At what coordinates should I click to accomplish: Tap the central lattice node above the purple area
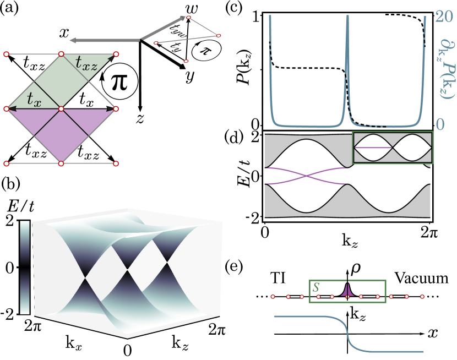click(61, 109)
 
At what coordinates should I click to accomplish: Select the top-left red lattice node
click(6, 54)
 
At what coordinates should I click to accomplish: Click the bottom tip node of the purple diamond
click(61, 163)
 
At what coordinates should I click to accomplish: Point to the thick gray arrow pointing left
click(105, 40)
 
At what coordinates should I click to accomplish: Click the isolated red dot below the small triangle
click(186, 61)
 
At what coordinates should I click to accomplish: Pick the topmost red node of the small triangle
click(188, 18)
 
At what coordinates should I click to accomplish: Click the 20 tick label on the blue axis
click(444, 17)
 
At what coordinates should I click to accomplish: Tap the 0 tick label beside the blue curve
click(440, 124)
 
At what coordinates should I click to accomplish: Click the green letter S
click(316, 287)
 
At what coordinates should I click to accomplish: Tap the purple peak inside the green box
click(346, 291)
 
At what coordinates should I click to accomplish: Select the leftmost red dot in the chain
click(273, 297)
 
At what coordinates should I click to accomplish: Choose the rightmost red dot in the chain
click(422, 297)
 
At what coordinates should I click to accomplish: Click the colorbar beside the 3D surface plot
click(25, 267)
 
